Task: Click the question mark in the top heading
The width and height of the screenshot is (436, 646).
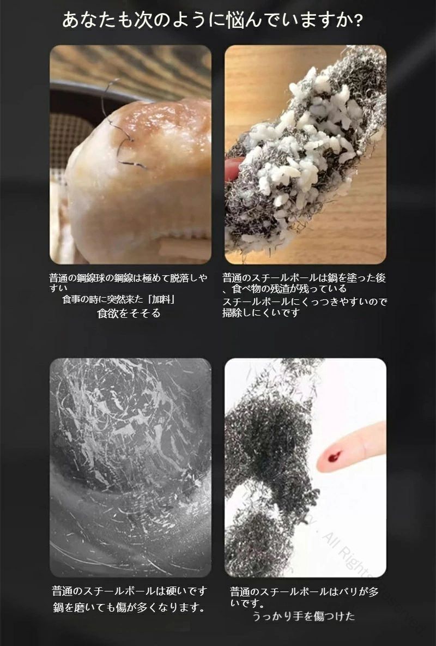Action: [x=358, y=21]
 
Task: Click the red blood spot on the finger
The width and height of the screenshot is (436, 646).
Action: [x=335, y=456]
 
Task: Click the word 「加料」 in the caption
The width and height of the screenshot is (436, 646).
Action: [x=162, y=299]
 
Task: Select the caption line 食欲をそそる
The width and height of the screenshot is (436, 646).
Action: [x=129, y=313]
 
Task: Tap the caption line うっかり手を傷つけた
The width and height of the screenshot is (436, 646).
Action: [x=304, y=617]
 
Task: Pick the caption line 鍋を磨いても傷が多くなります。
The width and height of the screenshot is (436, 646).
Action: [x=129, y=607]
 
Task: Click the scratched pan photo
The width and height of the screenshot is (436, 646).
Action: [x=130, y=467]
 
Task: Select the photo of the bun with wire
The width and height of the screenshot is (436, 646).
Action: [x=130, y=154]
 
